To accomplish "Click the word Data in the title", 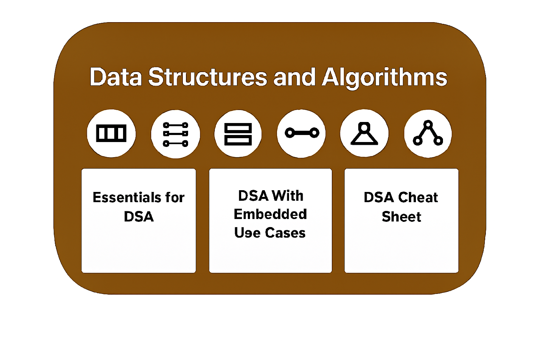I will click(x=116, y=77).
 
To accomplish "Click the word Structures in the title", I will click(x=207, y=77).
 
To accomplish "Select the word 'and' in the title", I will click(x=294, y=77).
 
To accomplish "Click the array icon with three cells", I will click(x=111, y=133).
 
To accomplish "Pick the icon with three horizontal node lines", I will click(x=175, y=134).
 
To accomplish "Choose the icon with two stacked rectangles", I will click(x=238, y=134).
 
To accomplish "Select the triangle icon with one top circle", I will click(x=365, y=133).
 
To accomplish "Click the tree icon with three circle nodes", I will click(x=428, y=133).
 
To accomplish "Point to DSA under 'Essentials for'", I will click(x=139, y=217).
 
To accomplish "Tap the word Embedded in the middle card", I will click(x=270, y=214).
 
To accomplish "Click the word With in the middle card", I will click(x=288, y=196).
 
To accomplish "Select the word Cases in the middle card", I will click(x=285, y=233).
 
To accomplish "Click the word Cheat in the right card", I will click(x=418, y=198).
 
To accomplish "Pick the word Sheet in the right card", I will click(x=401, y=217).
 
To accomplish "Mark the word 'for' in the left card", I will click(x=175, y=198).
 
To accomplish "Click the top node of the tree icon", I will click(x=428, y=124).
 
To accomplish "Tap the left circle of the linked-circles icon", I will click(x=289, y=133).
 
